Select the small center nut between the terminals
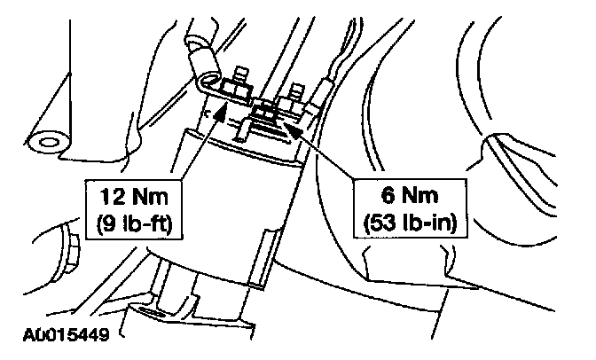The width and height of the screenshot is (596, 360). click(x=265, y=111)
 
